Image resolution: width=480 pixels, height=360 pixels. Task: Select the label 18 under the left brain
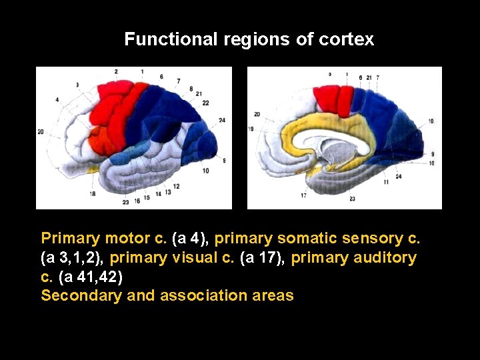pos(92,193)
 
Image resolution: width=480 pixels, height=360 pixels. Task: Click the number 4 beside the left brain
pos(57,100)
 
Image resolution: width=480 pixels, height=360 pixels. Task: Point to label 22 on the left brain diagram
pos(205,103)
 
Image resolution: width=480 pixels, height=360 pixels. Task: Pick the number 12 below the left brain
pos(176,186)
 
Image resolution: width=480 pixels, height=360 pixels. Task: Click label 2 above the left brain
pos(116,71)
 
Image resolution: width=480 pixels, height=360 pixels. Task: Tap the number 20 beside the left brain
pos(41,132)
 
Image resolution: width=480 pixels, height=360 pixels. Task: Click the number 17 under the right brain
pos(303,196)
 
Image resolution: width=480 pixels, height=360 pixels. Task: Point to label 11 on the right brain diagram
pos(386,182)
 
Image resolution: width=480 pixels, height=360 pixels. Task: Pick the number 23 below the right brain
pos(351,199)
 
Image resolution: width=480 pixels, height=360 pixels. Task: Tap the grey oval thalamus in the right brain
pos(341,154)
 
